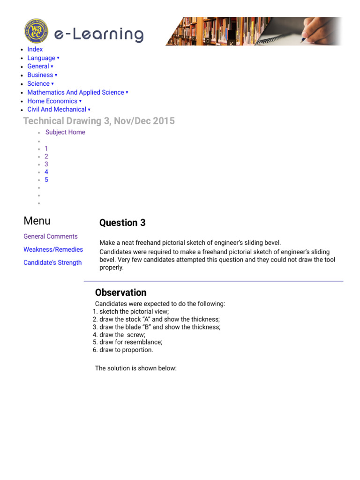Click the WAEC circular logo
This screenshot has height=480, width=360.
pyautogui.click(x=36, y=31)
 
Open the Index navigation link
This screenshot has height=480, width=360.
pyautogui.click(x=35, y=49)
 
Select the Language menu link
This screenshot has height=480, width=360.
pyautogui.click(x=41, y=58)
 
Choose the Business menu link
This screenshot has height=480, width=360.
pyautogui.click(x=40, y=75)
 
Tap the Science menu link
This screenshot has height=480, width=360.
pyautogui.click(x=38, y=84)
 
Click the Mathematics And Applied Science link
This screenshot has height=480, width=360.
pyautogui.click(x=75, y=92)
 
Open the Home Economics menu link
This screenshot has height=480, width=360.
pyautogui.click(x=52, y=101)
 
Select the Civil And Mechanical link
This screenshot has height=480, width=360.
pyautogui.click(x=57, y=109)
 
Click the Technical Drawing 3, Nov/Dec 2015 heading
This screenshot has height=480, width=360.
pyautogui.click(x=99, y=121)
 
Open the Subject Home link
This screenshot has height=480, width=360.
pyautogui.click(x=65, y=132)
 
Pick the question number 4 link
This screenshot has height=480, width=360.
pyautogui.click(x=46, y=172)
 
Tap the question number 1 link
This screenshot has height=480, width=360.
pyautogui.click(x=46, y=149)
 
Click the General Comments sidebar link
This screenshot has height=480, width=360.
pyautogui.click(x=51, y=237)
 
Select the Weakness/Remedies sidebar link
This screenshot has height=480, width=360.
pyautogui.click(x=53, y=250)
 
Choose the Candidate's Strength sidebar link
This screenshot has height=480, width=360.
pyautogui.click(x=52, y=263)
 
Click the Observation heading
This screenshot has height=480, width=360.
pyautogui.click(x=120, y=293)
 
